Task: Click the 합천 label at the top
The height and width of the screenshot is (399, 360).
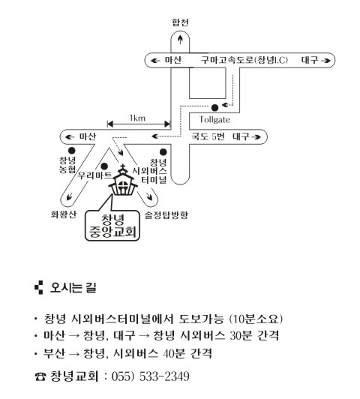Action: point(180,22)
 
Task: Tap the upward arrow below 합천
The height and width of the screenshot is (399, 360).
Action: point(180,39)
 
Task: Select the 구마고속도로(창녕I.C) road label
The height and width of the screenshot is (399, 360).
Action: point(244,60)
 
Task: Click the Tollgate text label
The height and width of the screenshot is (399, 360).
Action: point(214,119)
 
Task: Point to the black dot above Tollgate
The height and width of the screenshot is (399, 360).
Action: point(214,108)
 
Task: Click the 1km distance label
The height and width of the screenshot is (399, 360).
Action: point(137,118)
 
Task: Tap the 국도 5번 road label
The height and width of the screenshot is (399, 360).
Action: point(208,136)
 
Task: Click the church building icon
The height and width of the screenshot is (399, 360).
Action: point(123,181)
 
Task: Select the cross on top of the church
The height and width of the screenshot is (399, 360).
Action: point(123,168)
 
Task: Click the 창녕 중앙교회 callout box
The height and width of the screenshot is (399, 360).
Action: point(112,226)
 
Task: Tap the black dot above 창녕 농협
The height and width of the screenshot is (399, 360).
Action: point(72,151)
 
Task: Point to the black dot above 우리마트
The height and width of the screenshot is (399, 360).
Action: point(104,166)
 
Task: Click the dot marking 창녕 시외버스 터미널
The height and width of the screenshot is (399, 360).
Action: point(163,152)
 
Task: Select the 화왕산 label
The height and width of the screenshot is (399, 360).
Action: point(64,214)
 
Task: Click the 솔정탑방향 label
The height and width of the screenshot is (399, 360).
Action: point(166,215)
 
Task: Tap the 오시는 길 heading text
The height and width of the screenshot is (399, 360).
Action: point(73,288)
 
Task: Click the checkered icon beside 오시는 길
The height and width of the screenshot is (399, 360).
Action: point(39,287)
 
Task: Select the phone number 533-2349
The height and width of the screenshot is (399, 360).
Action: point(164,376)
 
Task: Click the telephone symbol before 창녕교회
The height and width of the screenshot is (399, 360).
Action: point(40,376)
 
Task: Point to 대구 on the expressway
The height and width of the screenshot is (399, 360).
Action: point(310,60)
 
